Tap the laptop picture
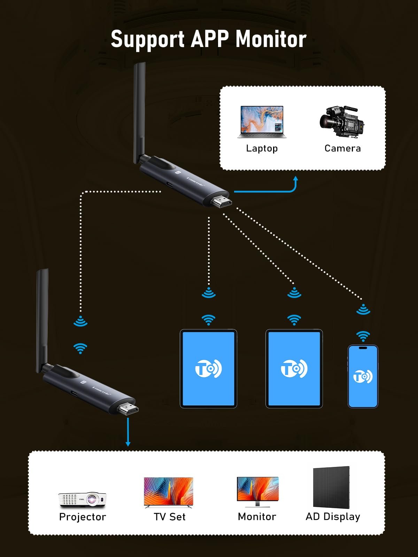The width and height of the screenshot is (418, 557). (262, 122)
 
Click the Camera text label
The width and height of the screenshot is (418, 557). (342, 148)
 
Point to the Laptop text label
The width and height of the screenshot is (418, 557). (262, 148)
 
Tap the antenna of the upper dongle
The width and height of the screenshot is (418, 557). (139, 111)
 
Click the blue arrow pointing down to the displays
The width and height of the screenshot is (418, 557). (128, 432)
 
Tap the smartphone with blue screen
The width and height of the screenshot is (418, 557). (363, 376)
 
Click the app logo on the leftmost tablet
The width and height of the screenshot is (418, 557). (208, 368)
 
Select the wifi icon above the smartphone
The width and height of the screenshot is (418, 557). (363, 336)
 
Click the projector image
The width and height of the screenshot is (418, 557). (83, 499)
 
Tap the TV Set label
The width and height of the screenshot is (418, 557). (170, 517)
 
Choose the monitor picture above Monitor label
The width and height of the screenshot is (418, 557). (258, 491)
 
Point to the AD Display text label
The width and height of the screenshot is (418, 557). (333, 517)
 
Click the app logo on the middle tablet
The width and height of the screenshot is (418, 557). (294, 368)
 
